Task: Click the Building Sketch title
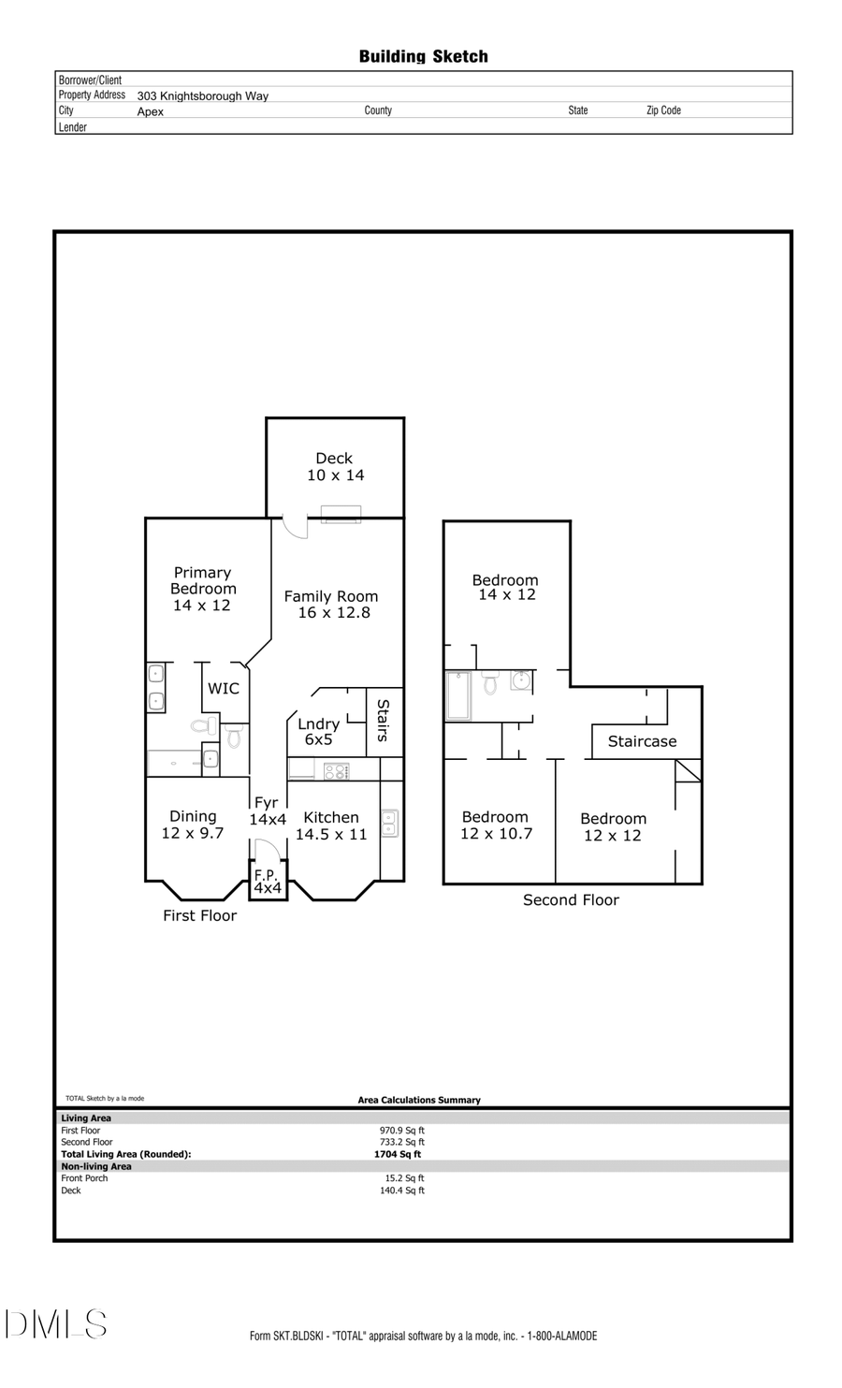(x=423, y=56)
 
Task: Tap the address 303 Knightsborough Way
(x=202, y=95)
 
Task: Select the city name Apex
(x=150, y=111)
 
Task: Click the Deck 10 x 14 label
(x=335, y=466)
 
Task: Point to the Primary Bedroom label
(x=202, y=588)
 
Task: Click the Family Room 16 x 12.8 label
(x=331, y=604)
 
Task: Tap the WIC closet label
(x=224, y=688)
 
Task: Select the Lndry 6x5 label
(x=318, y=731)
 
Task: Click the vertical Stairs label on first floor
(x=383, y=720)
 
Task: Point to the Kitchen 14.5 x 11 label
(x=331, y=825)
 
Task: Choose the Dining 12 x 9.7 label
(x=193, y=825)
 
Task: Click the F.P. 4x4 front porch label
(x=267, y=882)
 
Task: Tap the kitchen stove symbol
(x=336, y=771)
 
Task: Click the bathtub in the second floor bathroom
(x=458, y=695)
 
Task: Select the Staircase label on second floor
(x=642, y=741)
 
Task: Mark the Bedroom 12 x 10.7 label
(x=496, y=825)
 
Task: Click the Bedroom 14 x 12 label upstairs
(x=506, y=587)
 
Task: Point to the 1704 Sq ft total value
(x=398, y=1154)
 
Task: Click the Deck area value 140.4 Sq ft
(x=402, y=1191)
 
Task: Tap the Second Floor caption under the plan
(x=571, y=899)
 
